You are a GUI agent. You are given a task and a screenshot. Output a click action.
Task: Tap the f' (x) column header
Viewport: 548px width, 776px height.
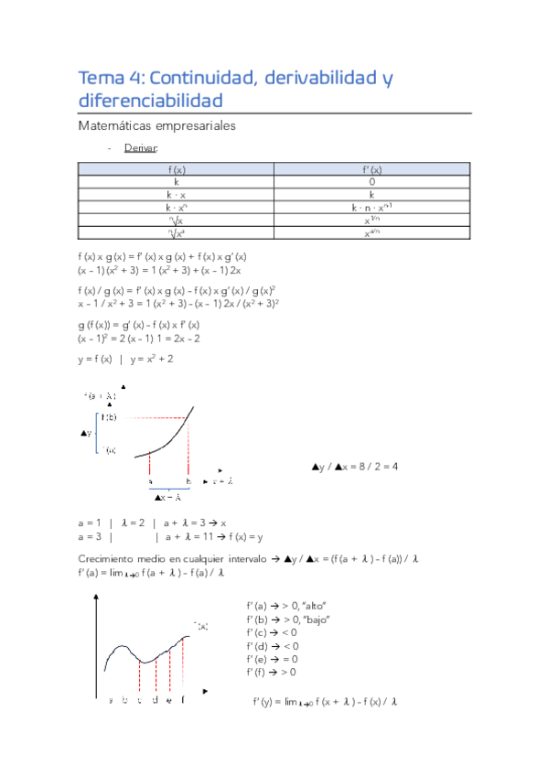[371, 169]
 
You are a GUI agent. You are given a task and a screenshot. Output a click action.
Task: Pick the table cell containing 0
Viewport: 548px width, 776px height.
[371, 182]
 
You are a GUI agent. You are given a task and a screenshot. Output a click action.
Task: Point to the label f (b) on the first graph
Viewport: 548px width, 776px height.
[109, 417]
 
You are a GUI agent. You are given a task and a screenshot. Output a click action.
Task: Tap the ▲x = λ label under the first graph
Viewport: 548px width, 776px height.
[167, 497]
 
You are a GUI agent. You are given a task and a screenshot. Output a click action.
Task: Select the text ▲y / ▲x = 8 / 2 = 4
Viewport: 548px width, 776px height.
[355, 467]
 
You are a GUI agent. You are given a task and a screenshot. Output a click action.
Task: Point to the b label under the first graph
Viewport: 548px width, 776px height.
[188, 480]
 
